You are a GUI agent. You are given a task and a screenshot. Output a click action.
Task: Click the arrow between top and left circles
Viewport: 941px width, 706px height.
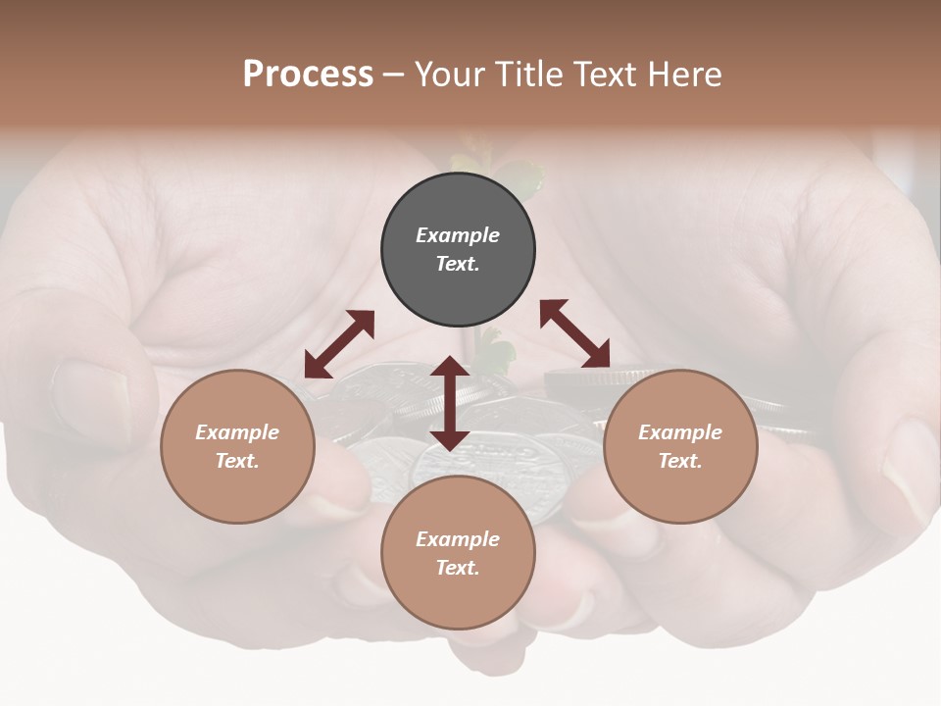pyautogui.click(x=339, y=344)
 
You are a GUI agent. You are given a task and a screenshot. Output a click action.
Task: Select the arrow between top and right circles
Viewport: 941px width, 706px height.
pyautogui.click(x=575, y=333)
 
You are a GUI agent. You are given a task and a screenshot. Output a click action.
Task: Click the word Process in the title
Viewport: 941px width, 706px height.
pyautogui.click(x=308, y=75)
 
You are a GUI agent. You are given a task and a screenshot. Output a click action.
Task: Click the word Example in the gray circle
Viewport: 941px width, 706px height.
pyautogui.click(x=458, y=235)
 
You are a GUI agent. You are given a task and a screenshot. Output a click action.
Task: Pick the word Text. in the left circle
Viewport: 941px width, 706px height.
pyautogui.click(x=237, y=461)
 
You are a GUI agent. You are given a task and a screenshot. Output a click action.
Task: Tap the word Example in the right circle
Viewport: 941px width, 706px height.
pyautogui.click(x=680, y=432)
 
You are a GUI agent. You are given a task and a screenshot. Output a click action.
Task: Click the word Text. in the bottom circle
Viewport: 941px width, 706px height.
pyautogui.click(x=458, y=568)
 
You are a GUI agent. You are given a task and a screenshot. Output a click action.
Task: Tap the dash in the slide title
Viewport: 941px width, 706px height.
pyautogui.click(x=393, y=75)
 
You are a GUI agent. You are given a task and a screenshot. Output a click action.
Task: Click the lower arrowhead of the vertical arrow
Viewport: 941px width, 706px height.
pyautogui.click(x=450, y=438)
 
